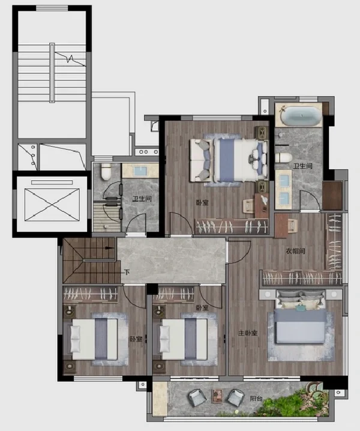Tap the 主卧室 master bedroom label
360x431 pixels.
pyautogui.click(x=248, y=333)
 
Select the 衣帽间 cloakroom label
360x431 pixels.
pyautogui.click(x=295, y=251)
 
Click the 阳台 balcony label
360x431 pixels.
pyautogui.click(x=256, y=399)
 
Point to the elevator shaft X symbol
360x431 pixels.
pyautogui.click(x=52, y=205)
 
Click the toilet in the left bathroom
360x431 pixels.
pyautogui.click(x=106, y=172)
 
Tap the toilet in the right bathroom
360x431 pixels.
pyautogui.click(x=284, y=157)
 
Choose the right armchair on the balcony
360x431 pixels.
pyautogui.click(x=236, y=397)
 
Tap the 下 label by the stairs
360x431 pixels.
pyautogui.click(x=127, y=273)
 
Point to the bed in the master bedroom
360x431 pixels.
pyautogui.click(x=301, y=317)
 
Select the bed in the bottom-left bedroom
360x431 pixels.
pyautogui.click(x=91, y=339)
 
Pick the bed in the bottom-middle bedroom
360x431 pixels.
pyautogui.click(x=181, y=339)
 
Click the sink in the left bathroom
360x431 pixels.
pyautogui.click(x=140, y=171)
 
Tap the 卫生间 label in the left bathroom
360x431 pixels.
pyautogui.click(x=142, y=199)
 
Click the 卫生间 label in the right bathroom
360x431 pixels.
pyautogui.click(x=303, y=166)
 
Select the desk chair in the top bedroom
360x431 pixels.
pyautogui.click(x=249, y=206)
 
